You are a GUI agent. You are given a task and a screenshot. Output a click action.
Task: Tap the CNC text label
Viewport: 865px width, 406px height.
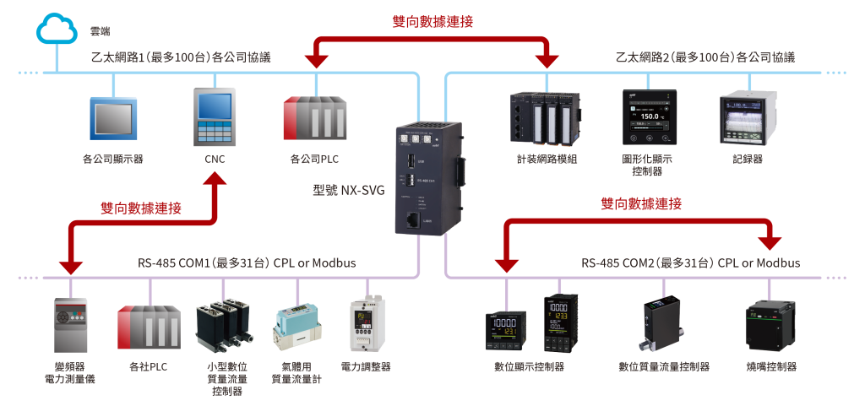coord(215,158)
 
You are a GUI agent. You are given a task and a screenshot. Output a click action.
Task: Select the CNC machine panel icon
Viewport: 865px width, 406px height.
coord(215,118)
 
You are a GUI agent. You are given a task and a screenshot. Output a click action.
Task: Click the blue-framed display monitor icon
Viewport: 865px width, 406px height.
coord(113,118)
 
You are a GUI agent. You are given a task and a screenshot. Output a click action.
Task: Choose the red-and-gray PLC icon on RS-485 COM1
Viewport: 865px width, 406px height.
coord(150,326)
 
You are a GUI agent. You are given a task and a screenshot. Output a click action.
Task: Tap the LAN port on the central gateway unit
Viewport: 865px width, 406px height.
coord(413,220)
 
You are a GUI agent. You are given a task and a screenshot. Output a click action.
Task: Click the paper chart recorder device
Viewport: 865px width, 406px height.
coord(748,118)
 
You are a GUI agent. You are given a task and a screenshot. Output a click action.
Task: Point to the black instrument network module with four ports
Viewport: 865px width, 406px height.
coord(544,118)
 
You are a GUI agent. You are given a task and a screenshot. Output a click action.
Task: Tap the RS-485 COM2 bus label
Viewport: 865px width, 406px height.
coord(690,263)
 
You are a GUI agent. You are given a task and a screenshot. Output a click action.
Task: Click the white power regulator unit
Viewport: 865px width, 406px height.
coord(369,326)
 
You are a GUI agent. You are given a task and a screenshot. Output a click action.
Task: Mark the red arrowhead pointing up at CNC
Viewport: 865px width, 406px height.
coord(217,180)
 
